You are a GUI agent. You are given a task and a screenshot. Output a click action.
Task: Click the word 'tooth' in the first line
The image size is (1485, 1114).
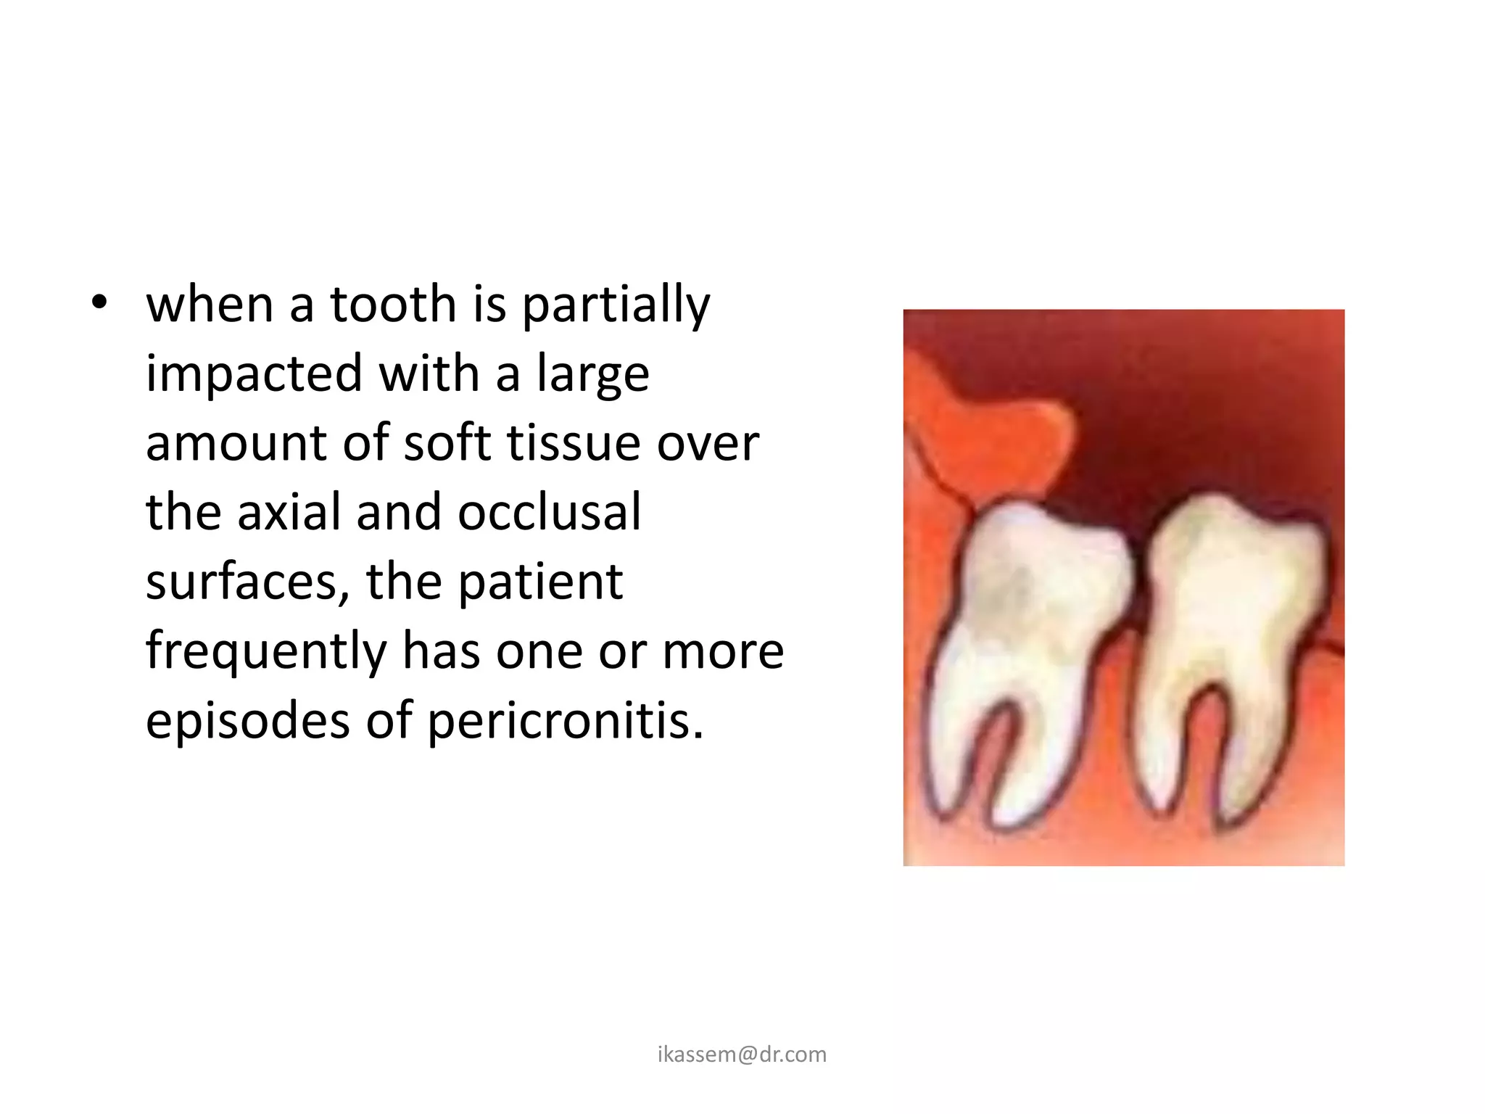coord(393,305)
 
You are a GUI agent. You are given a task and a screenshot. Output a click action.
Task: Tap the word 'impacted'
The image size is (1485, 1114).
coord(254,374)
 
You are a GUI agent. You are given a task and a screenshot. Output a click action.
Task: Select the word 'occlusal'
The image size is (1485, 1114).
coord(550,512)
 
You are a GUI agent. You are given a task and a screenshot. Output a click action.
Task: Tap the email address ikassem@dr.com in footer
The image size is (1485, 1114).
coord(742,1055)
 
